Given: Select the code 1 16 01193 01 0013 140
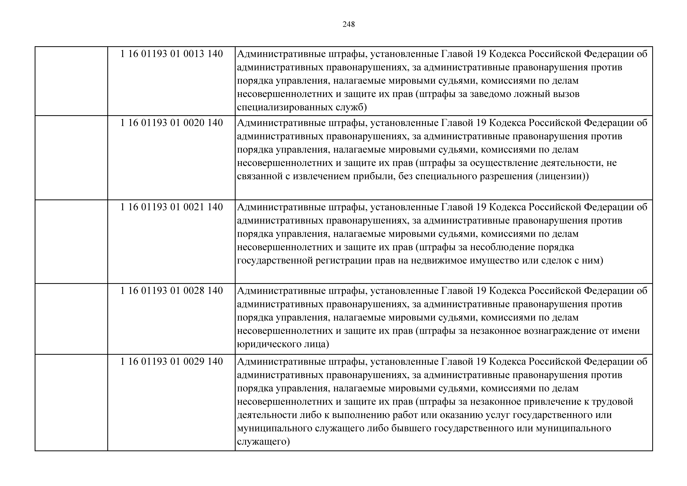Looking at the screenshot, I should click(171, 54).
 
